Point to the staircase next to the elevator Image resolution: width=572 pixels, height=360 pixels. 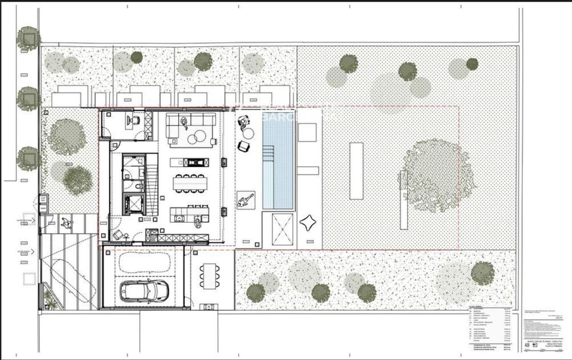[x=152, y=183]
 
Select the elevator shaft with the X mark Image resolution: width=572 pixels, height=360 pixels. [x=133, y=205]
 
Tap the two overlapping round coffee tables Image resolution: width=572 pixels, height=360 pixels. [x=197, y=137]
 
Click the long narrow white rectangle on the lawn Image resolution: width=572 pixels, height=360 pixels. [x=356, y=171]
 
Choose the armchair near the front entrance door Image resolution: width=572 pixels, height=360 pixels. [x=118, y=234]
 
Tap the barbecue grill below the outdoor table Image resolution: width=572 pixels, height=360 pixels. [x=209, y=307]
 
